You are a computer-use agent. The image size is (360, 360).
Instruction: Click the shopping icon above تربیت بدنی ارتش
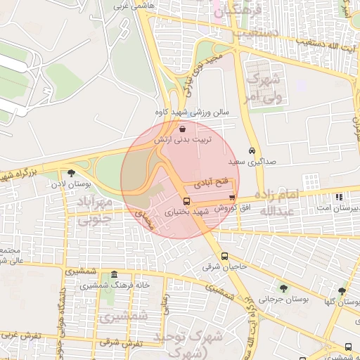point(183,129)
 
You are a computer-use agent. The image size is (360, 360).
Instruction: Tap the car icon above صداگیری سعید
point(252,150)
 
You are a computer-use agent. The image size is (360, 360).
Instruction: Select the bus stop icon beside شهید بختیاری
point(186,201)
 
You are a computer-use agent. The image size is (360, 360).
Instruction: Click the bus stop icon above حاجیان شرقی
point(224,256)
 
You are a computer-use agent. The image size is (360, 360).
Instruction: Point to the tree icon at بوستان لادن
point(71,173)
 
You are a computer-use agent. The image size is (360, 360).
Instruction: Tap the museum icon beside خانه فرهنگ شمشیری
point(114,275)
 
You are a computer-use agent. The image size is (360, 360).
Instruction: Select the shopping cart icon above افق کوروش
point(232,198)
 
